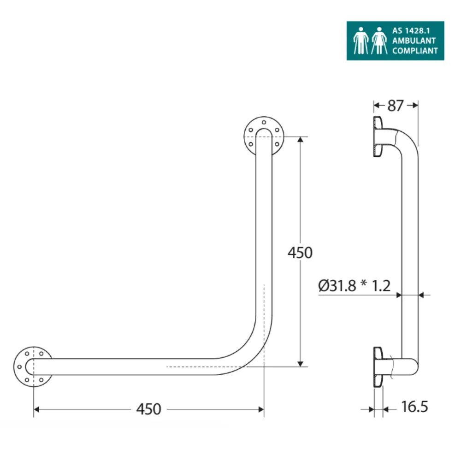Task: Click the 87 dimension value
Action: [x=395, y=106]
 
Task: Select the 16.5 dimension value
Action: [x=414, y=407]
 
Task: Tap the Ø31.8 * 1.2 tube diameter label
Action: [x=354, y=286]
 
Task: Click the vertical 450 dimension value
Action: [x=300, y=253]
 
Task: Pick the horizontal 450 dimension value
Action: [x=148, y=409]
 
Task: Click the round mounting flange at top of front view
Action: [x=264, y=136]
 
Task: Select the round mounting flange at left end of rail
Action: [x=32, y=366]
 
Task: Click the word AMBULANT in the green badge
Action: [x=414, y=41]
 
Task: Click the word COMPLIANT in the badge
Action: [x=414, y=51]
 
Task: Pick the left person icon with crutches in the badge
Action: [x=361, y=41]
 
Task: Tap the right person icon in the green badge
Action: [x=379, y=41]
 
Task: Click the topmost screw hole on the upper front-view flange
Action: [x=264, y=123]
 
